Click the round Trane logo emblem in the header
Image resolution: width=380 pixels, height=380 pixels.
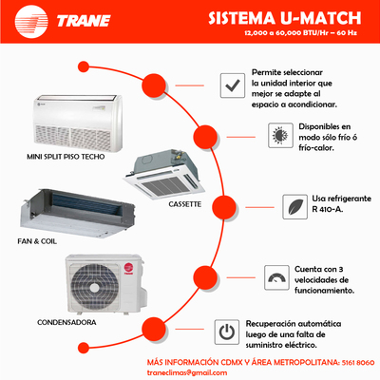31,21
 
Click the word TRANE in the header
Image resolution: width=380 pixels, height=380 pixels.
84,21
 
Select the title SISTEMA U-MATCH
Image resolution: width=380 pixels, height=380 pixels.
285,18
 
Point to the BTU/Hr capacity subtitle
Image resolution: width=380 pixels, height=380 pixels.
300,33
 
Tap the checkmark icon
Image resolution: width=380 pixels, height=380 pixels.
233,85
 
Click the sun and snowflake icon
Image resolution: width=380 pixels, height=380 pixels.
280,136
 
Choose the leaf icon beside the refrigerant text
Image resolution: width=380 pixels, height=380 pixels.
294,207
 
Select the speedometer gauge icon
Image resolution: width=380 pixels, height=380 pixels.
276,277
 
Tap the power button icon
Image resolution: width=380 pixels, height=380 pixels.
227,332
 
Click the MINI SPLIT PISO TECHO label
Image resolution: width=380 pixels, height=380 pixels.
66,157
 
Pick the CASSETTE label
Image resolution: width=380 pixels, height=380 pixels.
185,204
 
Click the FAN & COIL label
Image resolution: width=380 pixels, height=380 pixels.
37,241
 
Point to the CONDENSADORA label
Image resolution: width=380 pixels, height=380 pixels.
66,322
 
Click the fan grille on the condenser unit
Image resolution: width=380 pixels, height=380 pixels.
94,287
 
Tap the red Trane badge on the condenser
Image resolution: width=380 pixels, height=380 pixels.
128,268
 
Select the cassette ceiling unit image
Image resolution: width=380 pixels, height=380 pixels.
163,175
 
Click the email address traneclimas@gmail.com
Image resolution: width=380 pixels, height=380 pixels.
187,372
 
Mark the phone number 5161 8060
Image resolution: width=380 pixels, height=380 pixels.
358,362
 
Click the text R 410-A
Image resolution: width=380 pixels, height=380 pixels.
328,209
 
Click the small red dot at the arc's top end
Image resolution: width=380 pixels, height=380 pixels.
84,66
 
